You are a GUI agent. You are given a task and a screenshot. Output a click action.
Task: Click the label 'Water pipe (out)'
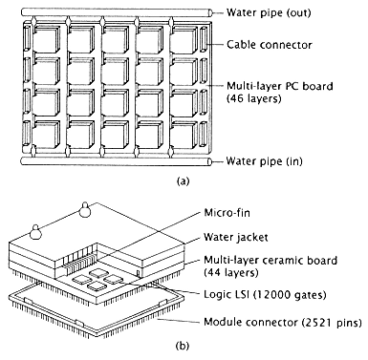(x=269, y=12)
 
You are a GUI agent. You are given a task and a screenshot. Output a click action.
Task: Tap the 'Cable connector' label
(x=270, y=45)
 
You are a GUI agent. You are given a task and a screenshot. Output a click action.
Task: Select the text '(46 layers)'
(x=254, y=98)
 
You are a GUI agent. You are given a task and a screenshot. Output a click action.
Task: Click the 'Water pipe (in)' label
(x=264, y=161)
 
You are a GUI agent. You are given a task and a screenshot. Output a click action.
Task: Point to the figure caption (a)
(x=183, y=181)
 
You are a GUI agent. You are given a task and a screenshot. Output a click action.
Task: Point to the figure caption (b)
(x=183, y=346)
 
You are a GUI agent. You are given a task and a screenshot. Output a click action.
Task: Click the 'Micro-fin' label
(x=227, y=212)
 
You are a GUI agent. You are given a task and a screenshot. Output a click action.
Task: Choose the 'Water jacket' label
(x=236, y=237)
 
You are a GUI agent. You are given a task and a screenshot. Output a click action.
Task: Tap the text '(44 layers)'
(x=231, y=272)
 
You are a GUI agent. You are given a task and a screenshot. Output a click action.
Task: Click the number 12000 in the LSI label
(x=271, y=295)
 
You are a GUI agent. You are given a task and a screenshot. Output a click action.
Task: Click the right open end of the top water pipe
(x=210, y=12)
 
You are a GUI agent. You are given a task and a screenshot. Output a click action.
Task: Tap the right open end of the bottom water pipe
(x=209, y=161)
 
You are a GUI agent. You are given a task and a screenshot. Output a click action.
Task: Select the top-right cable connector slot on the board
(x=204, y=39)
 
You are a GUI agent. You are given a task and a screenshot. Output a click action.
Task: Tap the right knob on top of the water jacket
(x=84, y=210)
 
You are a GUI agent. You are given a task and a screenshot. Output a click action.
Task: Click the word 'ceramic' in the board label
(x=285, y=261)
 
